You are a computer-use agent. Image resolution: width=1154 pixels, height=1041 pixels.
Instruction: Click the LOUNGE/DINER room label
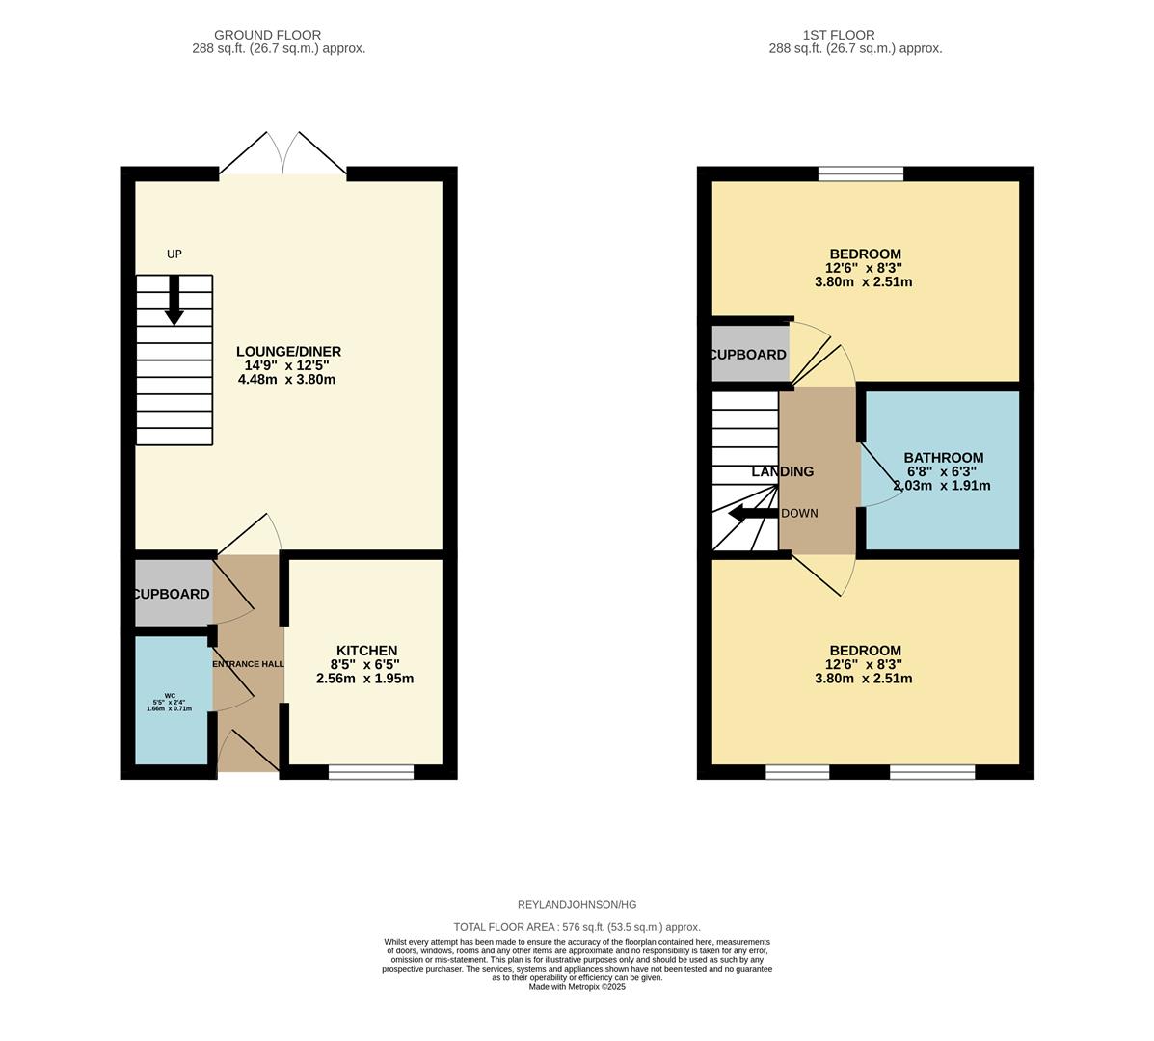(x=288, y=352)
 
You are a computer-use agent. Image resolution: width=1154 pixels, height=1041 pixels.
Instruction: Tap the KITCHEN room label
(x=366, y=651)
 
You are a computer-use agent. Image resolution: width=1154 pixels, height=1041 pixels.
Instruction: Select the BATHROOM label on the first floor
(x=943, y=458)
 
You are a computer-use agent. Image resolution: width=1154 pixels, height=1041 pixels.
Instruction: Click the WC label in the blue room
(x=170, y=695)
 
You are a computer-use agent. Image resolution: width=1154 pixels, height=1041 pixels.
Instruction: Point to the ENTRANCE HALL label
(x=248, y=663)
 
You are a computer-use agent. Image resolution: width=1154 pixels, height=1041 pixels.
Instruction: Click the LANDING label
(x=783, y=471)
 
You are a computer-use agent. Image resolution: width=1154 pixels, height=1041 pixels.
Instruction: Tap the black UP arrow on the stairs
(x=174, y=300)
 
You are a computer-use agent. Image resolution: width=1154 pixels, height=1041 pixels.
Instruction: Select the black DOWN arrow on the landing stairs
(x=751, y=513)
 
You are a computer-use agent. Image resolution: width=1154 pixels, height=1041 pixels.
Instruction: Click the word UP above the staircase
(x=174, y=254)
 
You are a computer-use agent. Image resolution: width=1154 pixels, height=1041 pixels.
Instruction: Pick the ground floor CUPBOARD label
(x=172, y=594)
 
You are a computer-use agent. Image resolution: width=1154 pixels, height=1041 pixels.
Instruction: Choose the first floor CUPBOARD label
(x=749, y=355)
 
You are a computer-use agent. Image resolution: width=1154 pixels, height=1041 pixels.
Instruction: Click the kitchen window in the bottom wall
(x=371, y=771)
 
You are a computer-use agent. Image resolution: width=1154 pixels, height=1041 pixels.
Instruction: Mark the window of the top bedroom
(x=861, y=173)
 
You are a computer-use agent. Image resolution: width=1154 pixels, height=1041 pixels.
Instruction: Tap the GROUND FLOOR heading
(x=267, y=35)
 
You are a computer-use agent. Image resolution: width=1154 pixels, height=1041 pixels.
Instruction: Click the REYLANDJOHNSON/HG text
(x=577, y=905)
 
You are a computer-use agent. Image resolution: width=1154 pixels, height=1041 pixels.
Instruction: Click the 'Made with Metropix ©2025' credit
(x=577, y=986)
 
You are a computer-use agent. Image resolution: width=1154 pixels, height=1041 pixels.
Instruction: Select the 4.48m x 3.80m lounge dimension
(x=286, y=380)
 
